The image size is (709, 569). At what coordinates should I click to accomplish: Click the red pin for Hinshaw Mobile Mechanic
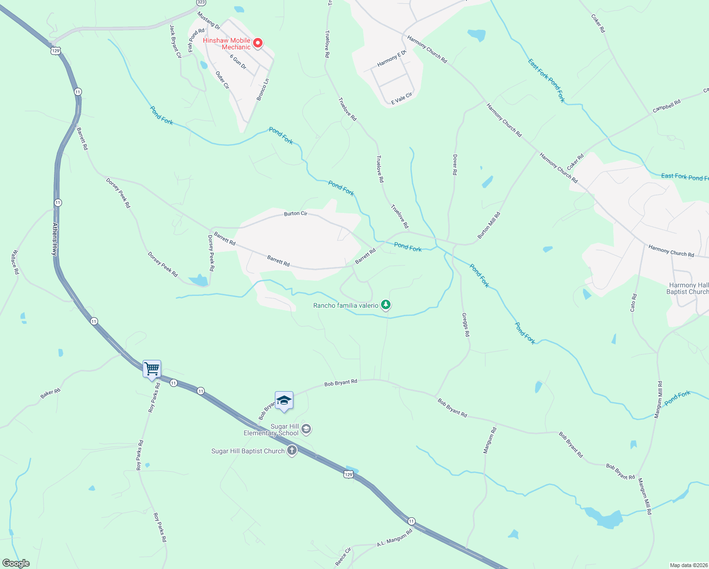click(258, 44)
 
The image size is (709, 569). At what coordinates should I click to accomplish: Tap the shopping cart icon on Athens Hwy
click(152, 368)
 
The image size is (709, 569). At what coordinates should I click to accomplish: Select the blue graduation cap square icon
click(284, 401)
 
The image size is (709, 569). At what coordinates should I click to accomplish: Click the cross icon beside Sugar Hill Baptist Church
click(292, 450)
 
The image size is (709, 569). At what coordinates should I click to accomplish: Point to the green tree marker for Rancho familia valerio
click(386, 304)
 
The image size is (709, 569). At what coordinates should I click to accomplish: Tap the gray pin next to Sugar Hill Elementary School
click(306, 429)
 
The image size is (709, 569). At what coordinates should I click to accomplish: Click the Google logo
click(16, 563)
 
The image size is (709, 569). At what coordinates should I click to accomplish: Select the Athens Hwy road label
click(55, 239)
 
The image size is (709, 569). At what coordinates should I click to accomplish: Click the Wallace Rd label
click(15, 262)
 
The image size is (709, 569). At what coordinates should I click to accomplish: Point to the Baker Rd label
click(50, 393)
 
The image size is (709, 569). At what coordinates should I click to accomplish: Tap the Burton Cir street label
click(296, 214)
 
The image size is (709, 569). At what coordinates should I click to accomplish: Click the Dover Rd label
click(455, 165)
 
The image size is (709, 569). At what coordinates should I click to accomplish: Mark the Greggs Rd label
click(466, 324)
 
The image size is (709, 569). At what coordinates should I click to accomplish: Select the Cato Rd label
click(634, 303)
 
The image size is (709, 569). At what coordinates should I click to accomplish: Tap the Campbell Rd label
click(666, 106)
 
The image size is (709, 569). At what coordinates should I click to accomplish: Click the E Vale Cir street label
click(401, 99)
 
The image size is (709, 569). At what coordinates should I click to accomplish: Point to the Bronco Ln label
click(263, 90)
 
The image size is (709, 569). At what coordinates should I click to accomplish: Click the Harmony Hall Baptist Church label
click(688, 288)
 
